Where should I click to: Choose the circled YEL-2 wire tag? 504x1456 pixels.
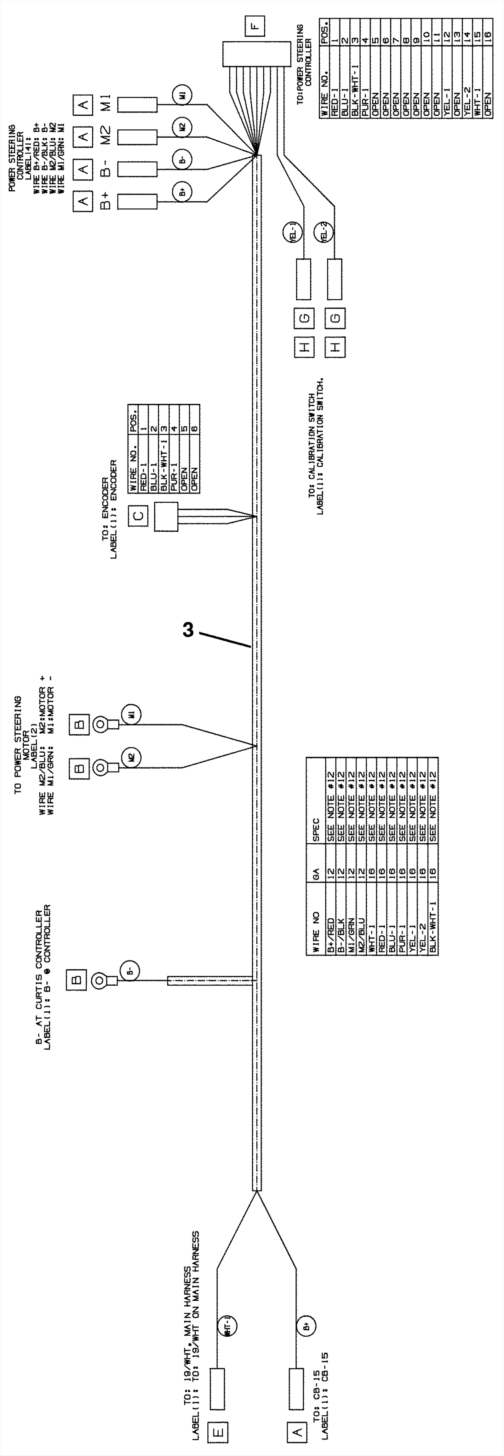point(324,232)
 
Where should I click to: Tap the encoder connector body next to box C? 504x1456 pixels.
point(166,517)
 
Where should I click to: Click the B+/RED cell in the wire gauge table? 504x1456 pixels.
point(330,926)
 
